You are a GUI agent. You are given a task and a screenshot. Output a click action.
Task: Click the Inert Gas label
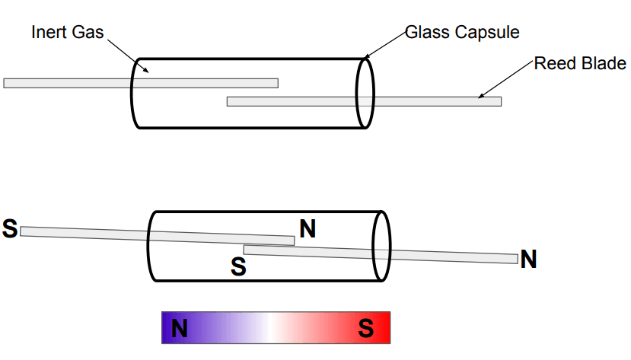coord(67,32)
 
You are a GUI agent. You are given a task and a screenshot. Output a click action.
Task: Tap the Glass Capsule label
coord(462,32)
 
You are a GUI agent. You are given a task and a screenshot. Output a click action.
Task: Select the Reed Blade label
coord(579,63)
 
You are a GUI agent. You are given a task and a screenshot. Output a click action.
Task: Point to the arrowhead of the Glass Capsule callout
coord(365,58)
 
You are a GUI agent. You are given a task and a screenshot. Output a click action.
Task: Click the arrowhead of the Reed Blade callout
coord(480,97)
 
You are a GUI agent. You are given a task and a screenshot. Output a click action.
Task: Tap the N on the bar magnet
coord(180,329)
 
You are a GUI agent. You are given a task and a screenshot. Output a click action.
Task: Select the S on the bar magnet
coord(366,329)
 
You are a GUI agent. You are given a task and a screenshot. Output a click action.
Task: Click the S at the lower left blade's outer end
coord(10,228)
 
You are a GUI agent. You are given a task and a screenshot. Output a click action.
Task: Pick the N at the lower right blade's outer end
coord(528,260)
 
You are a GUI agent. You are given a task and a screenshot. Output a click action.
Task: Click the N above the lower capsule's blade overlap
coord(308,228)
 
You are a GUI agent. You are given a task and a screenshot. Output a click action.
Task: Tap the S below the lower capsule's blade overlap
coord(238,266)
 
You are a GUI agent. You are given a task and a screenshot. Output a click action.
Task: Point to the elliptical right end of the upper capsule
coord(365,93)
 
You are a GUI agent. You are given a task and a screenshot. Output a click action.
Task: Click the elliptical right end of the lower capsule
coord(381,247)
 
